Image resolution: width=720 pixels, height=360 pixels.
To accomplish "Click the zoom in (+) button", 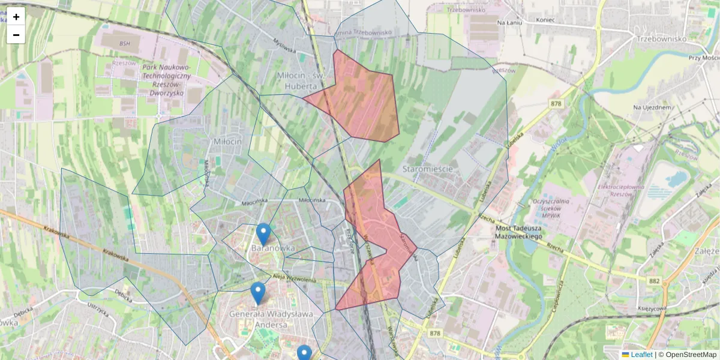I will [16, 17].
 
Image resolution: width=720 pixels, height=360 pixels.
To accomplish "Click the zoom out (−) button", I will [16, 35].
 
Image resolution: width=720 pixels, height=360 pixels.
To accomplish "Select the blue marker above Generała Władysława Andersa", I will [258, 293].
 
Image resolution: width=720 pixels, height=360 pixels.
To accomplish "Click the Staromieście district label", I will [428, 169].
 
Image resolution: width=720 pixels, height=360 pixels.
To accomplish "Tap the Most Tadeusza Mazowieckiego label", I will [520, 233].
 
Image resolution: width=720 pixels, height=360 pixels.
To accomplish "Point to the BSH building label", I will [124, 43].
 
